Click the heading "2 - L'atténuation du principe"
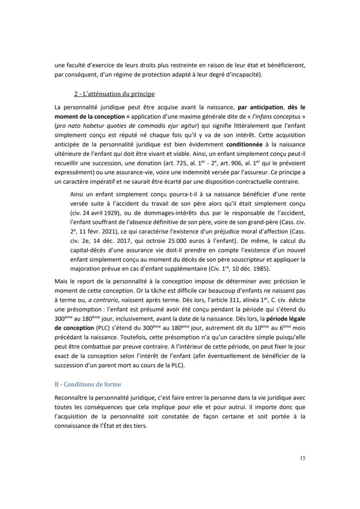click(114, 93)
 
